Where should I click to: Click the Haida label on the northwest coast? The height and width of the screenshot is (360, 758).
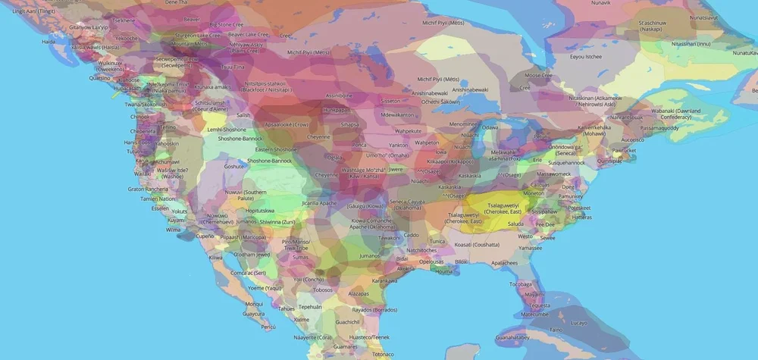[x=49, y=42]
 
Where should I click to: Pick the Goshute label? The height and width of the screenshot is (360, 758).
[x=234, y=165]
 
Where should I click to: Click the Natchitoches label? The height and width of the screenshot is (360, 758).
[x=422, y=250]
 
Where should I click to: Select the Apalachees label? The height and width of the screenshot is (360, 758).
[x=504, y=263]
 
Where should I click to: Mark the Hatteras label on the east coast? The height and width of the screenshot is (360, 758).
[x=582, y=217]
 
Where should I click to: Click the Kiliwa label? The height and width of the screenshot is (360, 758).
[x=216, y=258]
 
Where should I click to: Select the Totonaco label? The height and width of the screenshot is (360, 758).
[x=383, y=354]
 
